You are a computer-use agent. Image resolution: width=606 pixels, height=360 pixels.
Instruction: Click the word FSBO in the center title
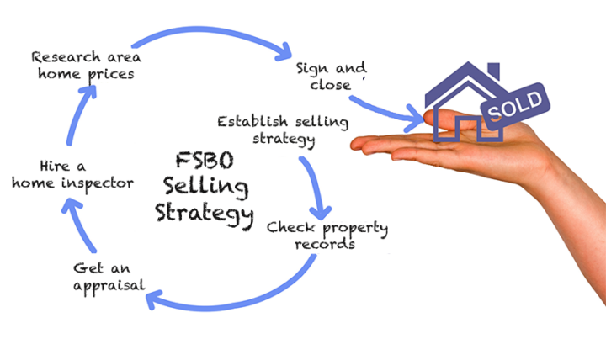tap(200, 161)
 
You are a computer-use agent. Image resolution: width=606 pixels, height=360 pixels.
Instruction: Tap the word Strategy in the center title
tap(205, 211)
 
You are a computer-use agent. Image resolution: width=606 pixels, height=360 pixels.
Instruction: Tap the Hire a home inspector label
tap(73, 174)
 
